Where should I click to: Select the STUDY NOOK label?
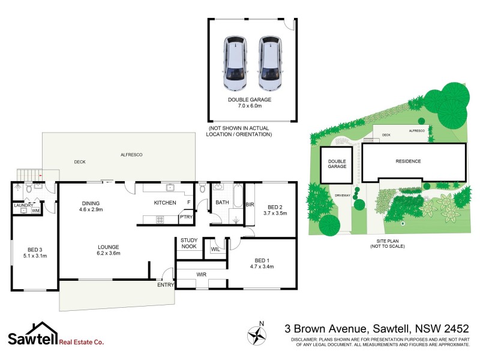[189, 243]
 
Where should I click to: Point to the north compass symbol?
[257, 335]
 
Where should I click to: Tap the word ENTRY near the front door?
[165, 284]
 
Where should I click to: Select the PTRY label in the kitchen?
[186, 217]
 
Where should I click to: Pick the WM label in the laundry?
[35, 211]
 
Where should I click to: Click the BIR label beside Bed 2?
[250, 205]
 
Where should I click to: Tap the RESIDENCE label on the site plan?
[407, 161]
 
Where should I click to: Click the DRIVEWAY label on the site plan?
[342, 195]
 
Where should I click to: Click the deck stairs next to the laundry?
[25, 174]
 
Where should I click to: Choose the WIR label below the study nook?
[202, 274]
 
